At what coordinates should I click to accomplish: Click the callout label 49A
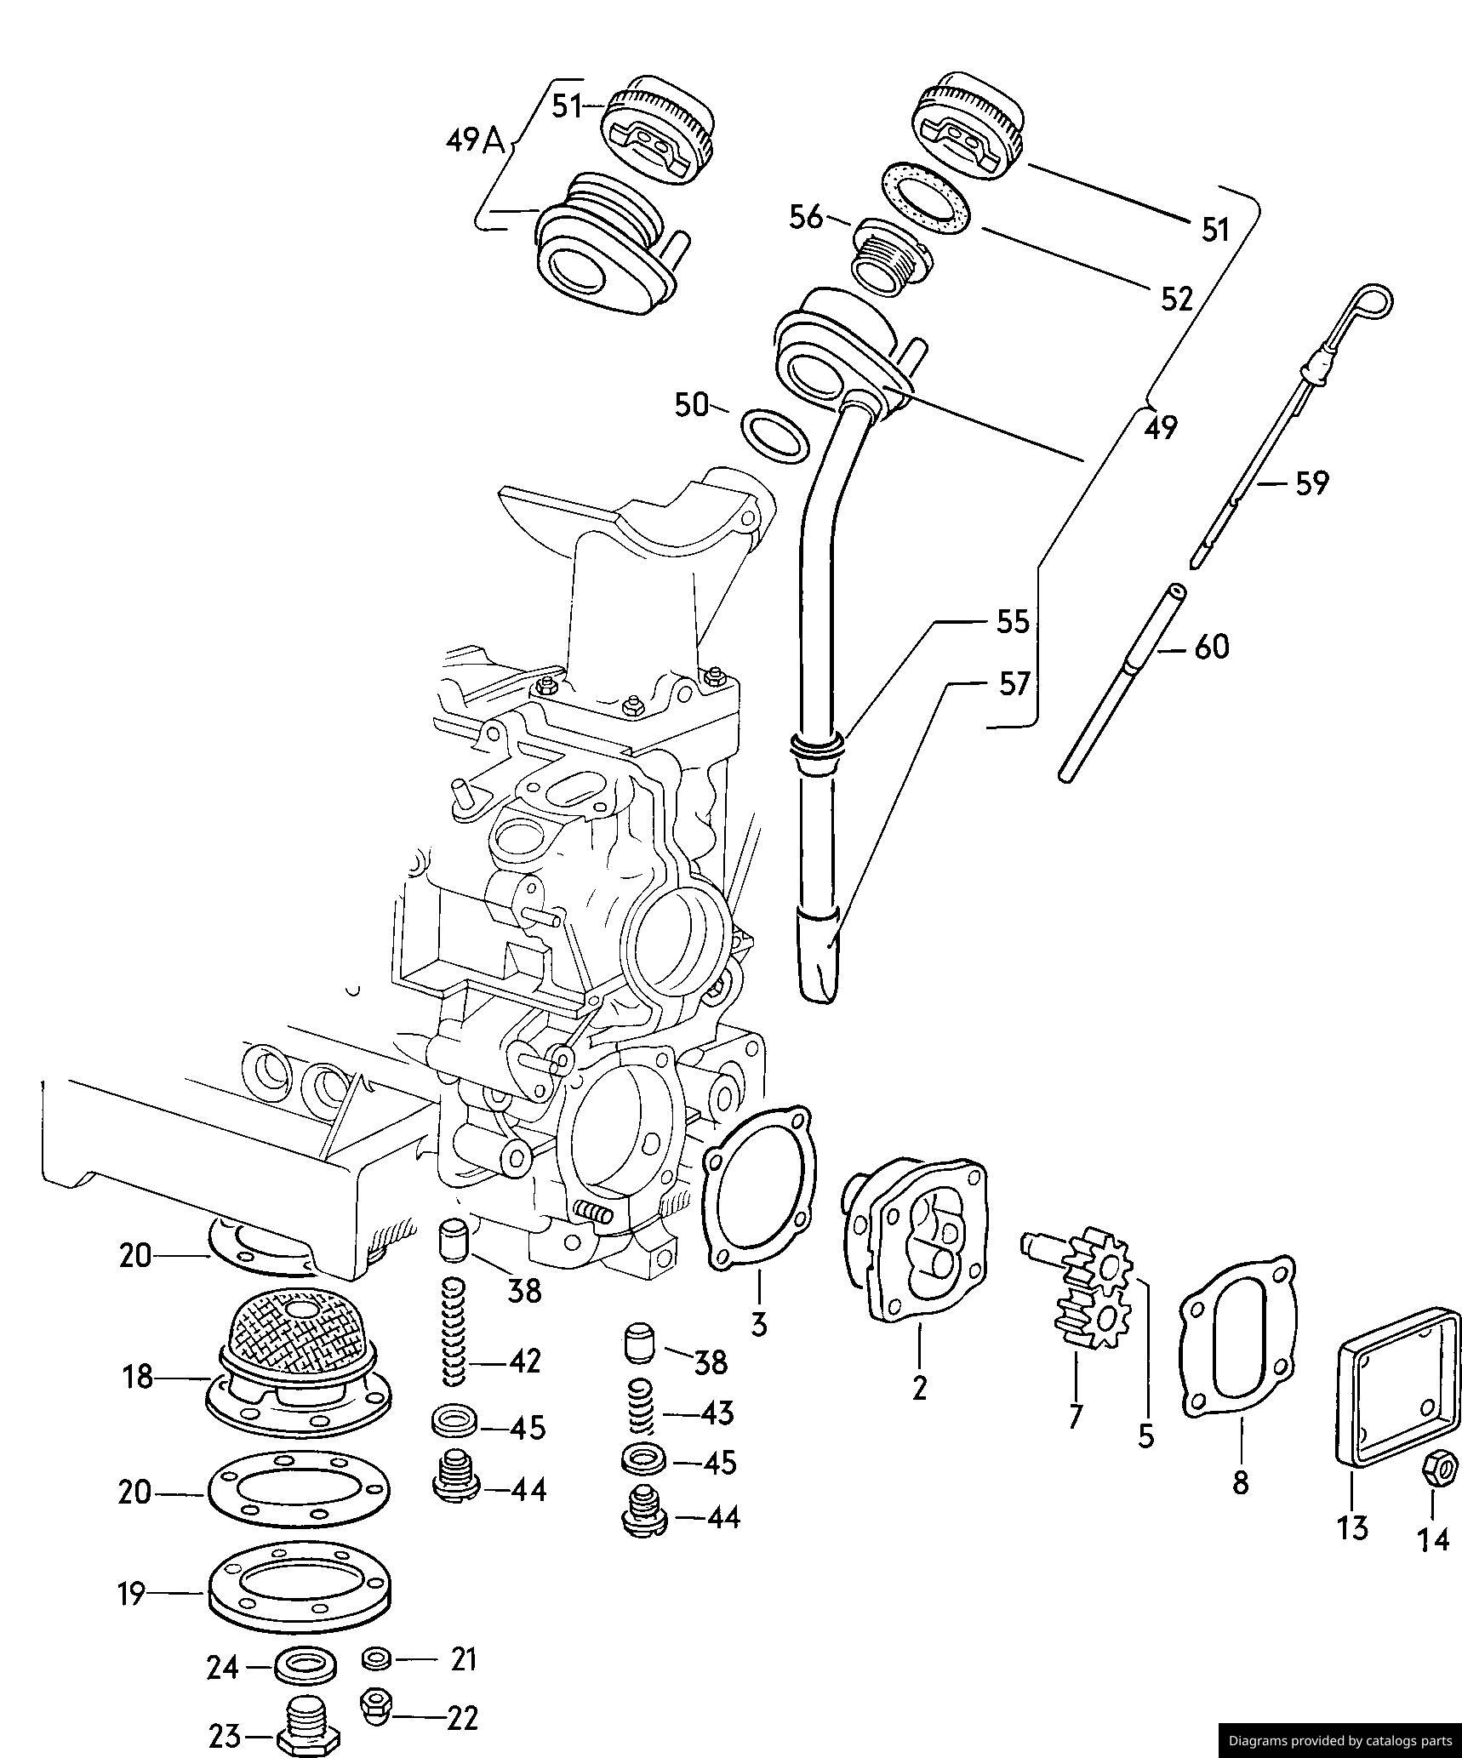coord(475,140)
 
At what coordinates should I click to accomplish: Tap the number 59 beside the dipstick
coord(1311,483)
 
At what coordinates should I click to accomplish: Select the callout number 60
coord(1211,648)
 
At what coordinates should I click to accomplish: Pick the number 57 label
coord(1013,684)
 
